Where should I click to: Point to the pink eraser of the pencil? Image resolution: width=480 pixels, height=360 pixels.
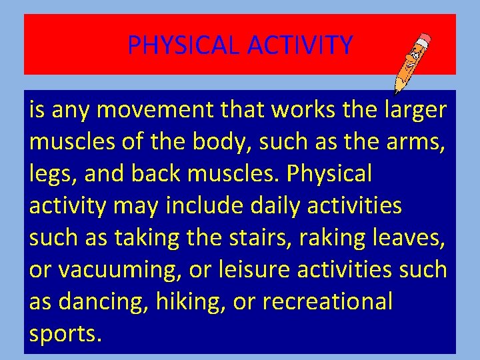[425, 39]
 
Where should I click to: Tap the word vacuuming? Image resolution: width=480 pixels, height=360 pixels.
[121, 270]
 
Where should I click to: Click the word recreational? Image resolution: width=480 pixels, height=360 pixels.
[327, 302]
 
